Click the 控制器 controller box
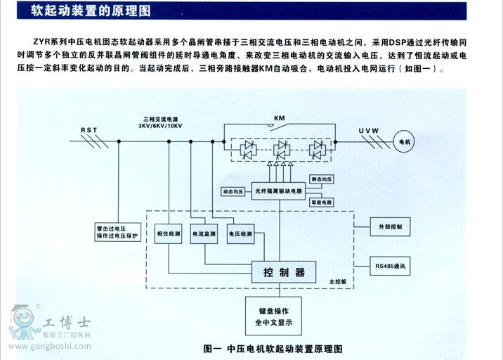coord(283,271)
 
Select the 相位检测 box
coord(168,233)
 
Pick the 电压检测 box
coord(240,233)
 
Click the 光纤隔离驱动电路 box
coord(278,191)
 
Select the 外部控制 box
coord(391,228)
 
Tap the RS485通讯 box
coord(391,266)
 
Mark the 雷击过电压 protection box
coord(118,233)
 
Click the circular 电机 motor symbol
coord(405,142)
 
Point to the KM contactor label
coord(280,117)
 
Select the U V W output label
coord(368,131)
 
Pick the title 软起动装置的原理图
coord(90,11)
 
